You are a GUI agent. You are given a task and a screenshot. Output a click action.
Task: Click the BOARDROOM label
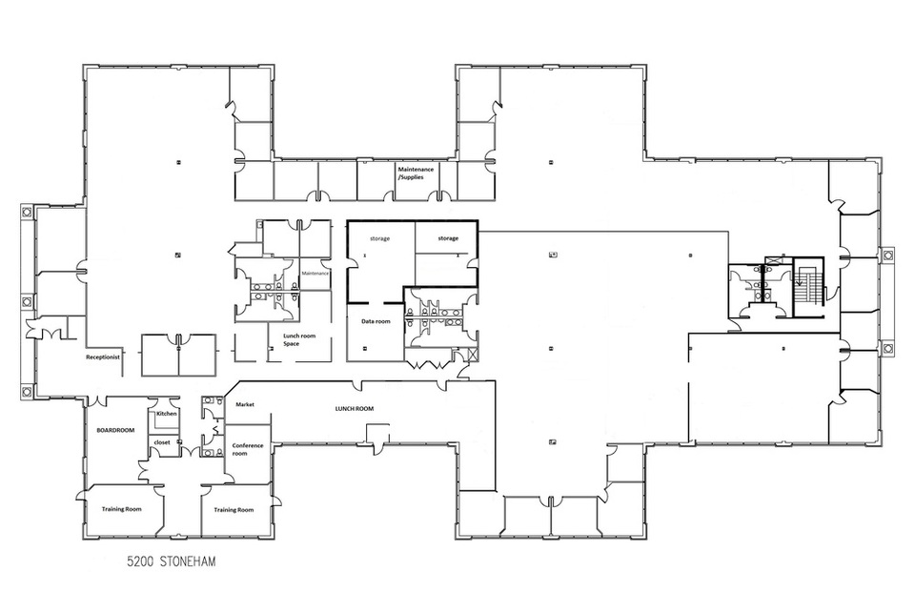tap(115, 430)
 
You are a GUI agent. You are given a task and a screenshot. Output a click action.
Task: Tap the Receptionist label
tap(103, 357)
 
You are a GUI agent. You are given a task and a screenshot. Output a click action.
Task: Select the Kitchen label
tap(166, 414)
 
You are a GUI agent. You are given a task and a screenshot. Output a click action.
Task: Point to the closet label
tap(162, 442)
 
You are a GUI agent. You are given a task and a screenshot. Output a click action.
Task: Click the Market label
tap(245, 404)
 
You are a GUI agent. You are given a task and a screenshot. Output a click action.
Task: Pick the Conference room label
tap(248, 450)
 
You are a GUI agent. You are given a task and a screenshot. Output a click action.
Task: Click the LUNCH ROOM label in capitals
tap(355, 409)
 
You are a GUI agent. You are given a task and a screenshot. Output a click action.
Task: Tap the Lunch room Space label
tap(298, 339)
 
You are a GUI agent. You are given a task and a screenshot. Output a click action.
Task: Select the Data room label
tap(376, 321)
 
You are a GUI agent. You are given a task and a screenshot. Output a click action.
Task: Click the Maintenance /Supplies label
tap(416, 174)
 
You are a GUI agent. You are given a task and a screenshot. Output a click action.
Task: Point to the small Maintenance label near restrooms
tap(315, 274)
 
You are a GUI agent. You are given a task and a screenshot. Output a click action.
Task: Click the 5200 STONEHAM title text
tap(172, 561)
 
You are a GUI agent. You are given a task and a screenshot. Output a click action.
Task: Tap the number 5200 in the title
tap(139, 561)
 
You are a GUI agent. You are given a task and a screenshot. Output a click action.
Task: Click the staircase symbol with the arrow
tap(808, 286)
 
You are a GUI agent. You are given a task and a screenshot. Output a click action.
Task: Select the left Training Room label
tap(121, 509)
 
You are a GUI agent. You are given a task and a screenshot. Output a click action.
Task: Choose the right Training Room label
tap(234, 510)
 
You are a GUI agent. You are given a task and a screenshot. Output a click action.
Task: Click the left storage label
tap(380, 238)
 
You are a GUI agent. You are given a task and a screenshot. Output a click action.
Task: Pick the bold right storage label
tap(448, 238)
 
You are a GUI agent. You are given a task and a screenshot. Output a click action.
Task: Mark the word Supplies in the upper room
tap(412, 177)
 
